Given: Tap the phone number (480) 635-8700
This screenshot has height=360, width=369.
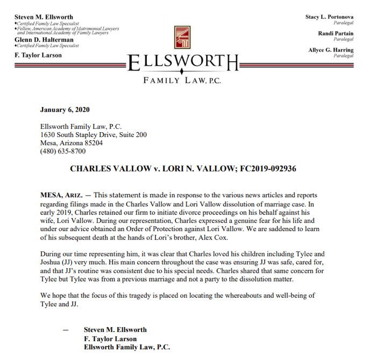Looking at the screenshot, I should pyautogui.click(x=62, y=152).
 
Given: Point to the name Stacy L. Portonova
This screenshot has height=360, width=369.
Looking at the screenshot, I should pyautogui.click(x=330, y=17).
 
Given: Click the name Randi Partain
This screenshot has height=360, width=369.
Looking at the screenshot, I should pyautogui.click(x=339, y=33).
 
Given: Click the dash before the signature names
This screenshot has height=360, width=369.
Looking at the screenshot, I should pyautogui.click(x=66, y=329).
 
